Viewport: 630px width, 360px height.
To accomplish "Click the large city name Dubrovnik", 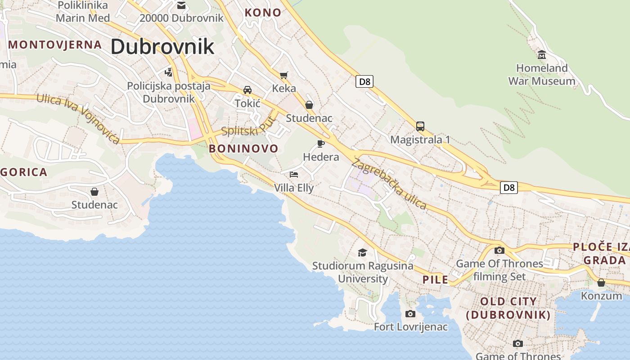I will [162, 46].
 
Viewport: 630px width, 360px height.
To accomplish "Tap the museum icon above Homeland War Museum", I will [542, 54].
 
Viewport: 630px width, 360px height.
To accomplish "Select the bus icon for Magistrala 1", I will [420, 126].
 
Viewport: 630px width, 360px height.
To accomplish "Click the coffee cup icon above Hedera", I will [320, 144].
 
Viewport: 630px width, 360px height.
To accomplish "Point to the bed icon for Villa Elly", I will [294, 174].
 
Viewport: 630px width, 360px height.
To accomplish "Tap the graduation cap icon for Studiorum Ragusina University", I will [362, 252].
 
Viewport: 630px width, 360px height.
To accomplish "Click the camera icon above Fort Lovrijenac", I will [410, 314].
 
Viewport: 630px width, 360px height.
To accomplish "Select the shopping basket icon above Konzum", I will [601, 283].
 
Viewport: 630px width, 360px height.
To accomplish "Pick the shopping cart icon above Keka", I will [283, 75].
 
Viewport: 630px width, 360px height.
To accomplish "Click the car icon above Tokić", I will [247, 90].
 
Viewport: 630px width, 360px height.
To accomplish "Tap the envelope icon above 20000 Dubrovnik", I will [181, 5].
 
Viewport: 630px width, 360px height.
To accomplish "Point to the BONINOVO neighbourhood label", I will [243, 148].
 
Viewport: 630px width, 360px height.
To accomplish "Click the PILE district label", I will [435, 279].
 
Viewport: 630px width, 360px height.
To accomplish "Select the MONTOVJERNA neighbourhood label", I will [55, 45].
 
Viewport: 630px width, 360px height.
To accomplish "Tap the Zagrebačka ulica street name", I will [389, 184].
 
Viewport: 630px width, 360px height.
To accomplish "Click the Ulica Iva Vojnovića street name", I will [78, 118].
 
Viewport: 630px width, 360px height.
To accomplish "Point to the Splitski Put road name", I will [247, 127].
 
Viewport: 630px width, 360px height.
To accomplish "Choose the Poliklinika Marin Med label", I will [83, 12].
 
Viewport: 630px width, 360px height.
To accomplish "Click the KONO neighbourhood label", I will [263, 13].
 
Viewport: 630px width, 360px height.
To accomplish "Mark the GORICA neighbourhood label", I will [23, 172].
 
